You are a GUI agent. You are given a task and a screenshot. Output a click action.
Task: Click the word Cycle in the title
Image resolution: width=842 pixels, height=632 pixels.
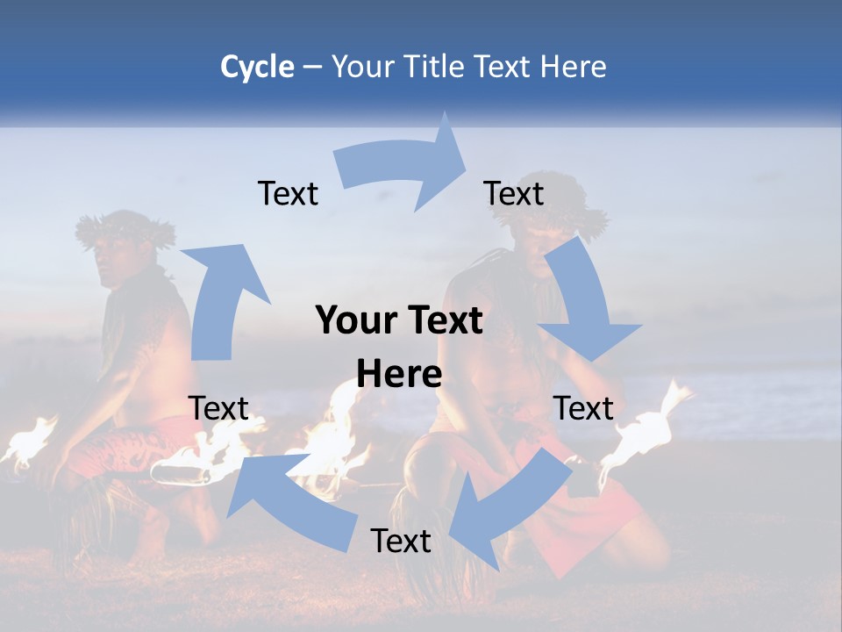tap(257, 67)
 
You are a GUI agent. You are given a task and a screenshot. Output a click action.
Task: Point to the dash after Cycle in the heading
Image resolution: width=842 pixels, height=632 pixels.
tap(312, 68)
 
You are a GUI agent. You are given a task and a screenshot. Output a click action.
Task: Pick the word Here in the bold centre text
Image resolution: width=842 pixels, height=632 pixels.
tap(399, 375)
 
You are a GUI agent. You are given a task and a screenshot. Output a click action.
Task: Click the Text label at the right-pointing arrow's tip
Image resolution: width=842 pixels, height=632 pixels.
tap(514, 193)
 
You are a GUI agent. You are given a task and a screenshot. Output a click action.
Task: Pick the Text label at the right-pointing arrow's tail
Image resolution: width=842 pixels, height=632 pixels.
tap(288, 193)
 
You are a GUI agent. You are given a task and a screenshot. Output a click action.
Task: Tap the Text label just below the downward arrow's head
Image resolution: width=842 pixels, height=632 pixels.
tap(583, 408)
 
